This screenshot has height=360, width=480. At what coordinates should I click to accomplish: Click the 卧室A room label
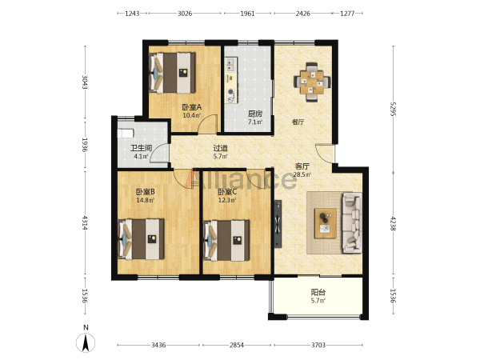point(192,107)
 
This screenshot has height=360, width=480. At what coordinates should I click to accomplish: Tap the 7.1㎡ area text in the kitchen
point(255,122)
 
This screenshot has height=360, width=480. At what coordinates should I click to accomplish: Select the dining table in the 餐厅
point(312,82)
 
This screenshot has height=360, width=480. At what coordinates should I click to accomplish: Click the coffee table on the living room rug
point(326,223)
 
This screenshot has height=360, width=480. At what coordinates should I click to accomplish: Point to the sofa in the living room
point(352,222)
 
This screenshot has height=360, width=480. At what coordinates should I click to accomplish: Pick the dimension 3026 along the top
point(185,14)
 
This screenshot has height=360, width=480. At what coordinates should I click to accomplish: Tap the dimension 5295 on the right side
point(394,109)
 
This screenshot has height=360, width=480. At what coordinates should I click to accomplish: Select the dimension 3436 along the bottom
point(158,346)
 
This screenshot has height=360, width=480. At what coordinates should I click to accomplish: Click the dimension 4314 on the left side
point(85,223)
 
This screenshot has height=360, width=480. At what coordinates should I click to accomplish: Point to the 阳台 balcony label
point(318,292)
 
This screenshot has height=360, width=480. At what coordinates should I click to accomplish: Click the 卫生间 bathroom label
point(141,149)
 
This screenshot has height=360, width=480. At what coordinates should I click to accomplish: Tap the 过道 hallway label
point(221,149)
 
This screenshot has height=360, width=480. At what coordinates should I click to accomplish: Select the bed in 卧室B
point(141,239)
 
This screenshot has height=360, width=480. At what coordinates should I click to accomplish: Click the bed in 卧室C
point(226,240)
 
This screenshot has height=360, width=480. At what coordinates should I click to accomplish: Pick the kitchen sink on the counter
point(230,65)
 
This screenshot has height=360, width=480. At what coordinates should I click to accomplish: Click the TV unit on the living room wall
point(278,223)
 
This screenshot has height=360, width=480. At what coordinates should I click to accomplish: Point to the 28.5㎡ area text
point(302,174)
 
